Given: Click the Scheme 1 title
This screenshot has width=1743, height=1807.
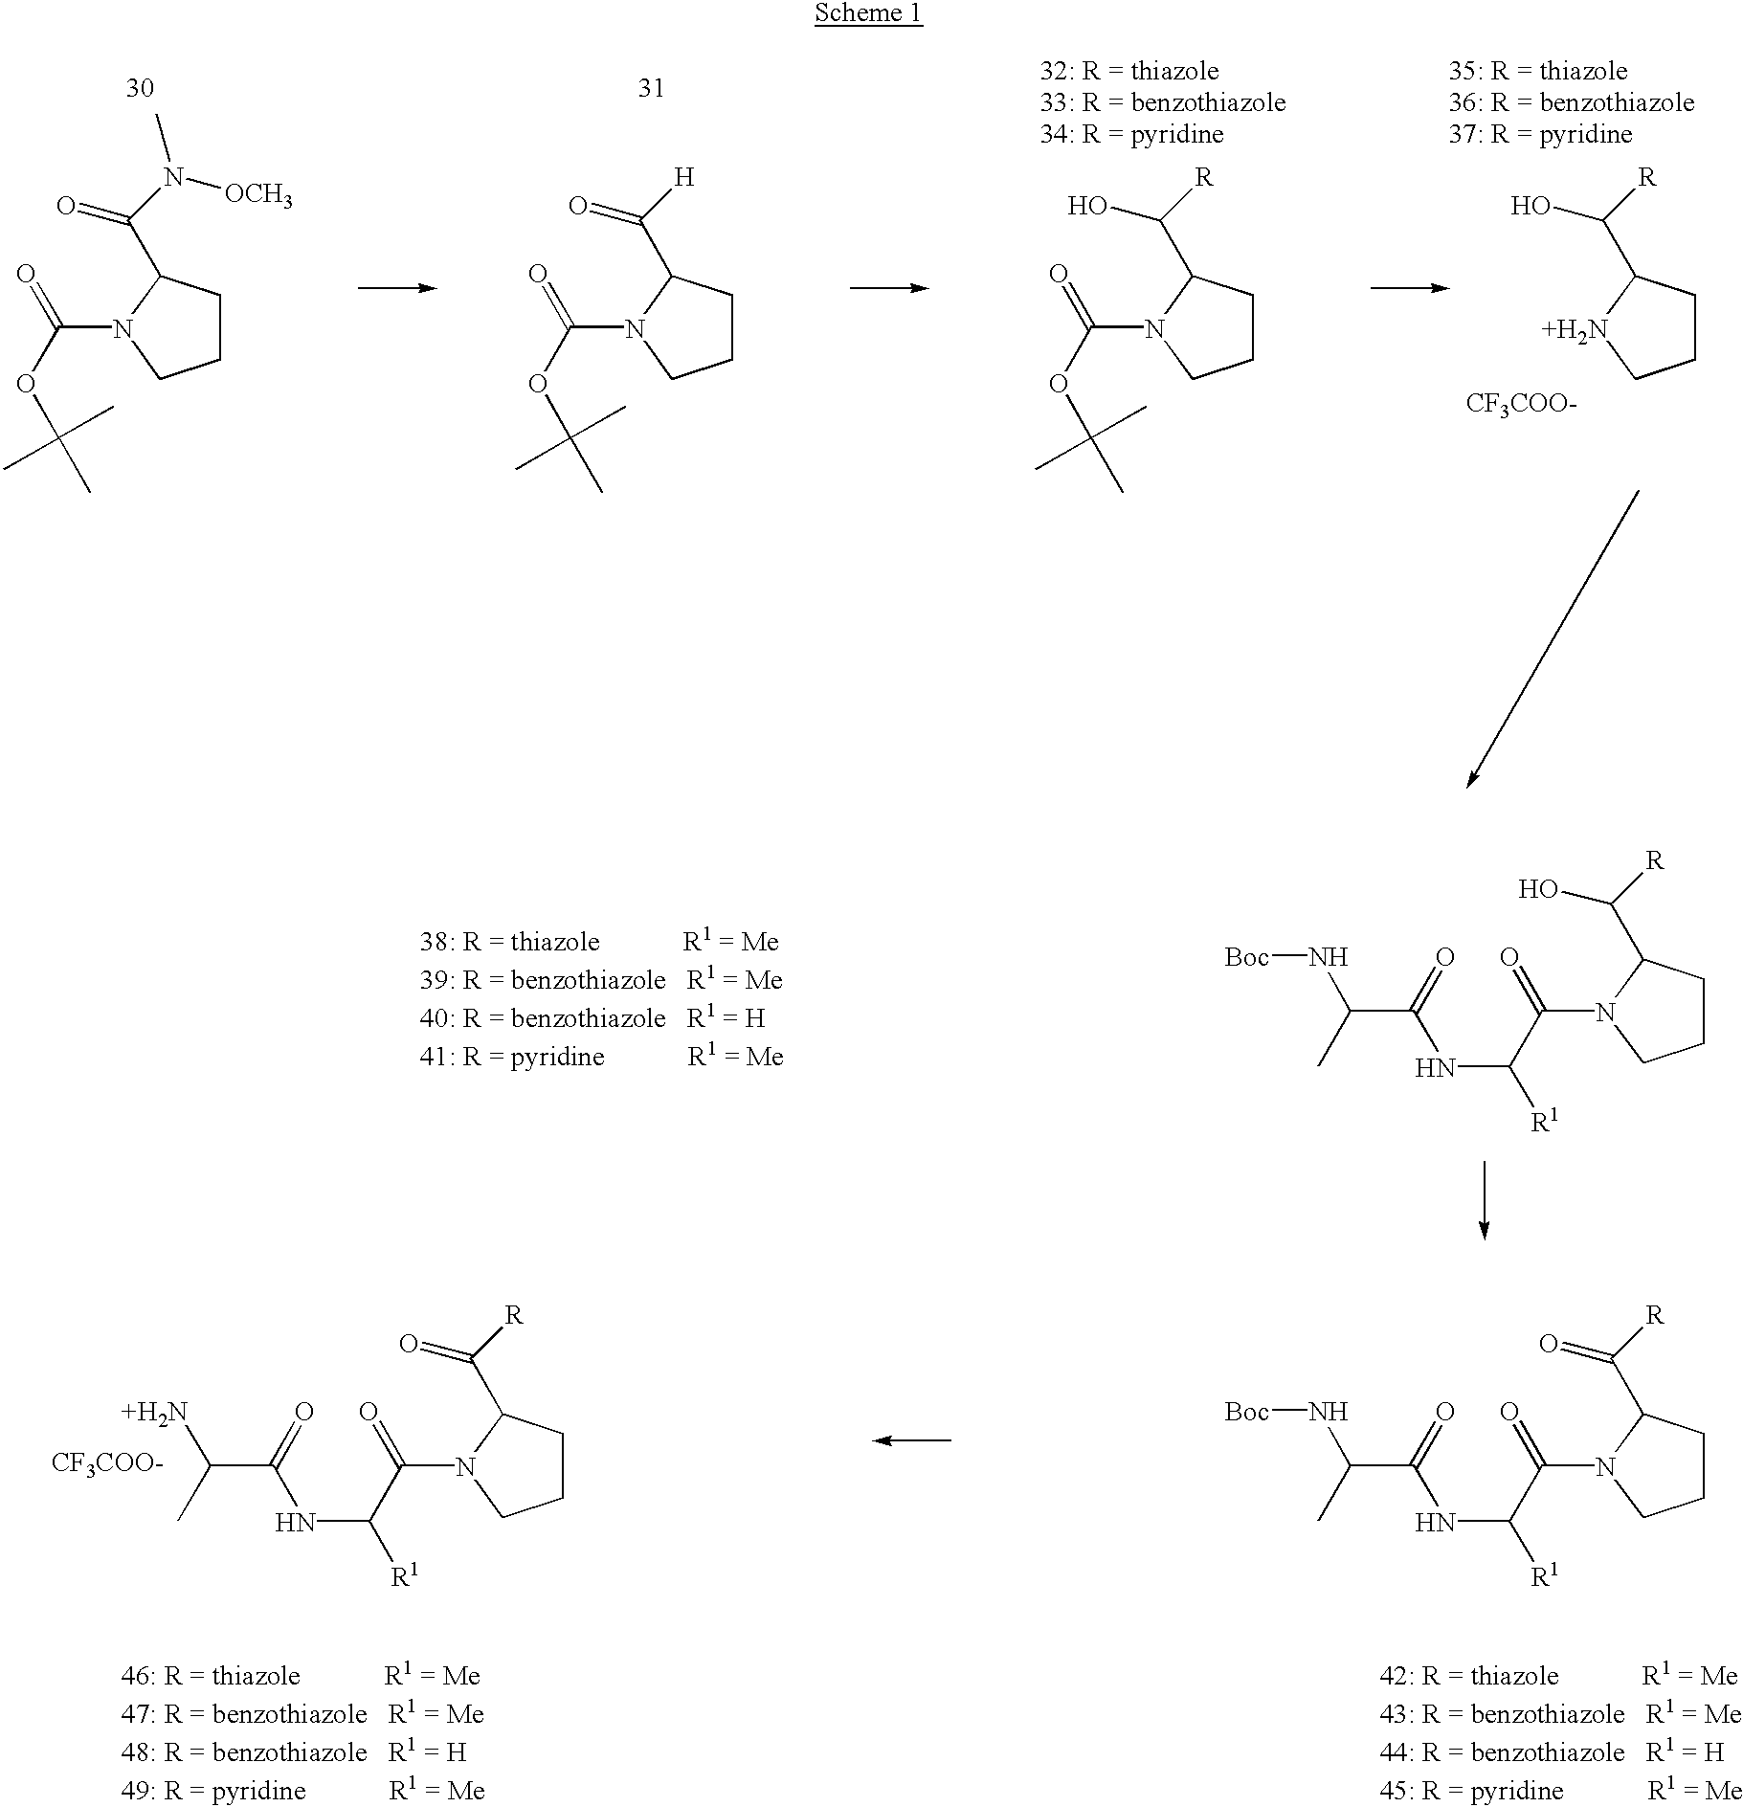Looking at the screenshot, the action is (x=868, y=13).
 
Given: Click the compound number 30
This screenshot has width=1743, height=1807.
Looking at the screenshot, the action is (x=140, y=88).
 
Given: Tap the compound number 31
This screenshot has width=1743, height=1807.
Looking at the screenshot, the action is (x=651, y=88).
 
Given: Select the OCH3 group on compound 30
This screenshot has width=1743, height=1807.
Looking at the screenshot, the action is (x=258, y=196).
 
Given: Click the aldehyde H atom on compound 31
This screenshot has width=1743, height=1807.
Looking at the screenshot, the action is (x=683, y=177).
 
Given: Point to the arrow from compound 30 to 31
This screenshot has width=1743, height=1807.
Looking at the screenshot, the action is (x=397, y=288).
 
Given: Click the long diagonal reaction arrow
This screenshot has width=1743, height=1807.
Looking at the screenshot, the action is (x=1553, y=639).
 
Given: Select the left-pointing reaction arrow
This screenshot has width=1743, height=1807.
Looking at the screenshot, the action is (x=912, y=1440).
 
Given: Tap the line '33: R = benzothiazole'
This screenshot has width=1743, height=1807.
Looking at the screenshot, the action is (x=1163, y=102).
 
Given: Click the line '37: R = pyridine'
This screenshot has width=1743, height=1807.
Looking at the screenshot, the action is (x=1540, y=134).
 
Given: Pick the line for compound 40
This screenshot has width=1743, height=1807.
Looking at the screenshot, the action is (x=592, y=1018).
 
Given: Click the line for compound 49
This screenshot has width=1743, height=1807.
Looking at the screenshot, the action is (x=302, y=1791).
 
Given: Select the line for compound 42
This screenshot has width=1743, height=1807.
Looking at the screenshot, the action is (x=1558, y=1676).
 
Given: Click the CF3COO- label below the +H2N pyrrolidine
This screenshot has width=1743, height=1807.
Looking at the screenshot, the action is (x=1521, y=404).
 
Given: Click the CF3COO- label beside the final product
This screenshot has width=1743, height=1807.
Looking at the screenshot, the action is (x=107, y=1463).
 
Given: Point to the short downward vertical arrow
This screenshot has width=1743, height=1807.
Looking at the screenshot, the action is (x=1484, y=1200).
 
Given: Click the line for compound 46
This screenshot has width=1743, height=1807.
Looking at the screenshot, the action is (x=301, y=1676).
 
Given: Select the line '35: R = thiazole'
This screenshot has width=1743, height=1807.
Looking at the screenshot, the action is (x=1538, y=71).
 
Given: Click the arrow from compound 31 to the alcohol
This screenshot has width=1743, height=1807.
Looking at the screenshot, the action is (x=889, y=288).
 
